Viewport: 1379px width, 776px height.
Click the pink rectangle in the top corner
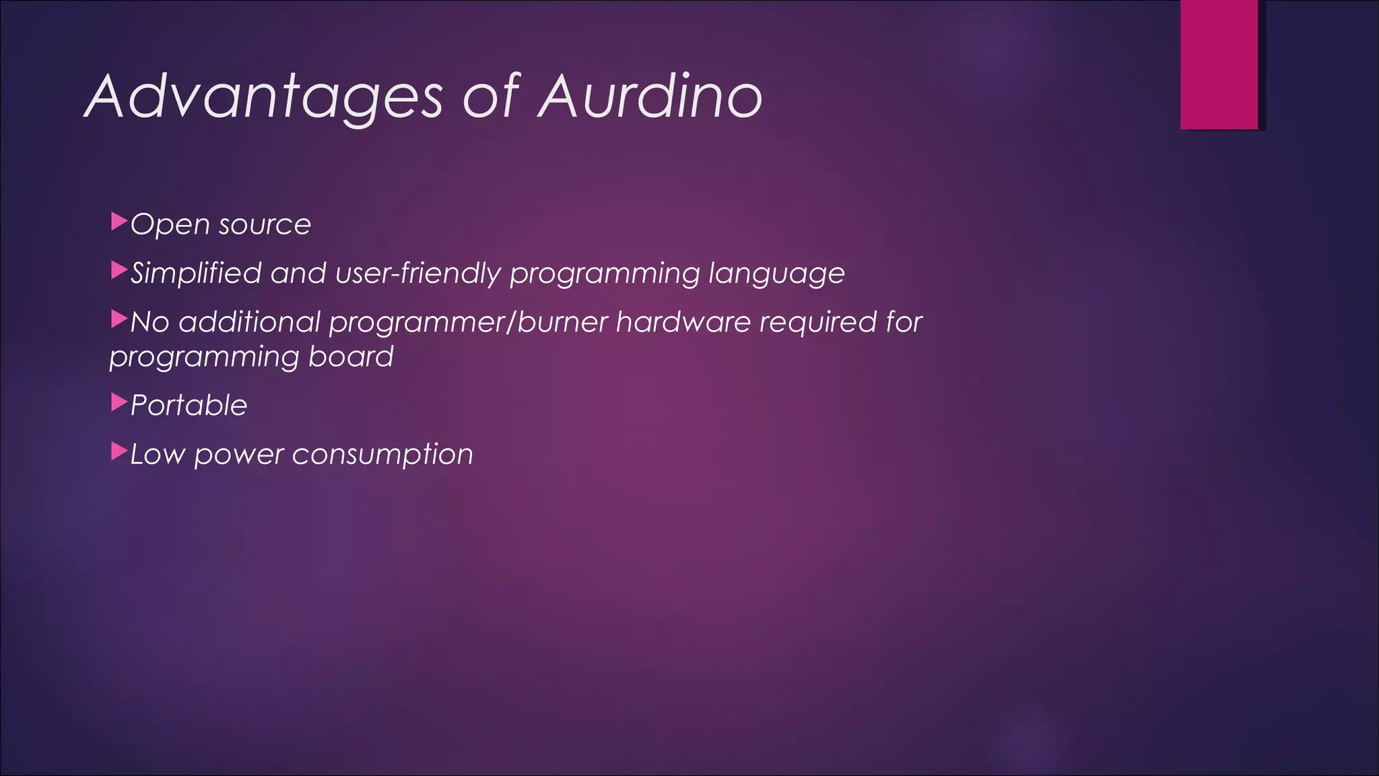pos(1219,64)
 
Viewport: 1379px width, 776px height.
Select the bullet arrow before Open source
pos(119,221)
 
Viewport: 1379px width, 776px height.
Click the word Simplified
pos(196,273)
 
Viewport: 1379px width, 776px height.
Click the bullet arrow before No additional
pos(119,319)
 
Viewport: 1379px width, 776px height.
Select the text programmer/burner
pos(469,323)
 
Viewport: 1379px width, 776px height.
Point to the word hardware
pos(683,322)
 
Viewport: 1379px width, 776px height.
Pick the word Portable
pos(189,406)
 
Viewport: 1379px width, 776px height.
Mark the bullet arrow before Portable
pos(119,403)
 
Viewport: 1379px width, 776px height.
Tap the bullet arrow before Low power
pos(119,452)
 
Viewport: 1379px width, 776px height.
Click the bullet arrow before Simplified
pos(119,271)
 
